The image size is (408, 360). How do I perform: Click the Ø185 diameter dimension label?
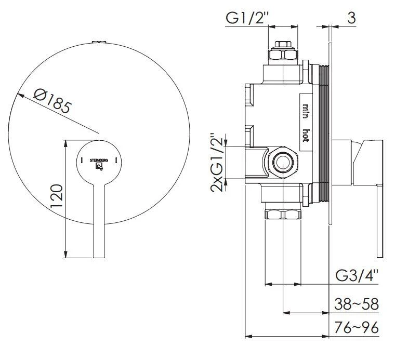52,100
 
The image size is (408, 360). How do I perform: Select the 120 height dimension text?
57,196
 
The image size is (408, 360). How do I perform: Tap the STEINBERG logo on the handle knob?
99,164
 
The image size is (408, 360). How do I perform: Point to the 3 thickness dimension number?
351,18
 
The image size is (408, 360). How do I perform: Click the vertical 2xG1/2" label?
217,163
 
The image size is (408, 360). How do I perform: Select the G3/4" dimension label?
357,276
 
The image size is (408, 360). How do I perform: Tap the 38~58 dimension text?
357,304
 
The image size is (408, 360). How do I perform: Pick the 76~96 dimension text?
357,327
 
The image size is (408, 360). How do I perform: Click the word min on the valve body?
306,111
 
